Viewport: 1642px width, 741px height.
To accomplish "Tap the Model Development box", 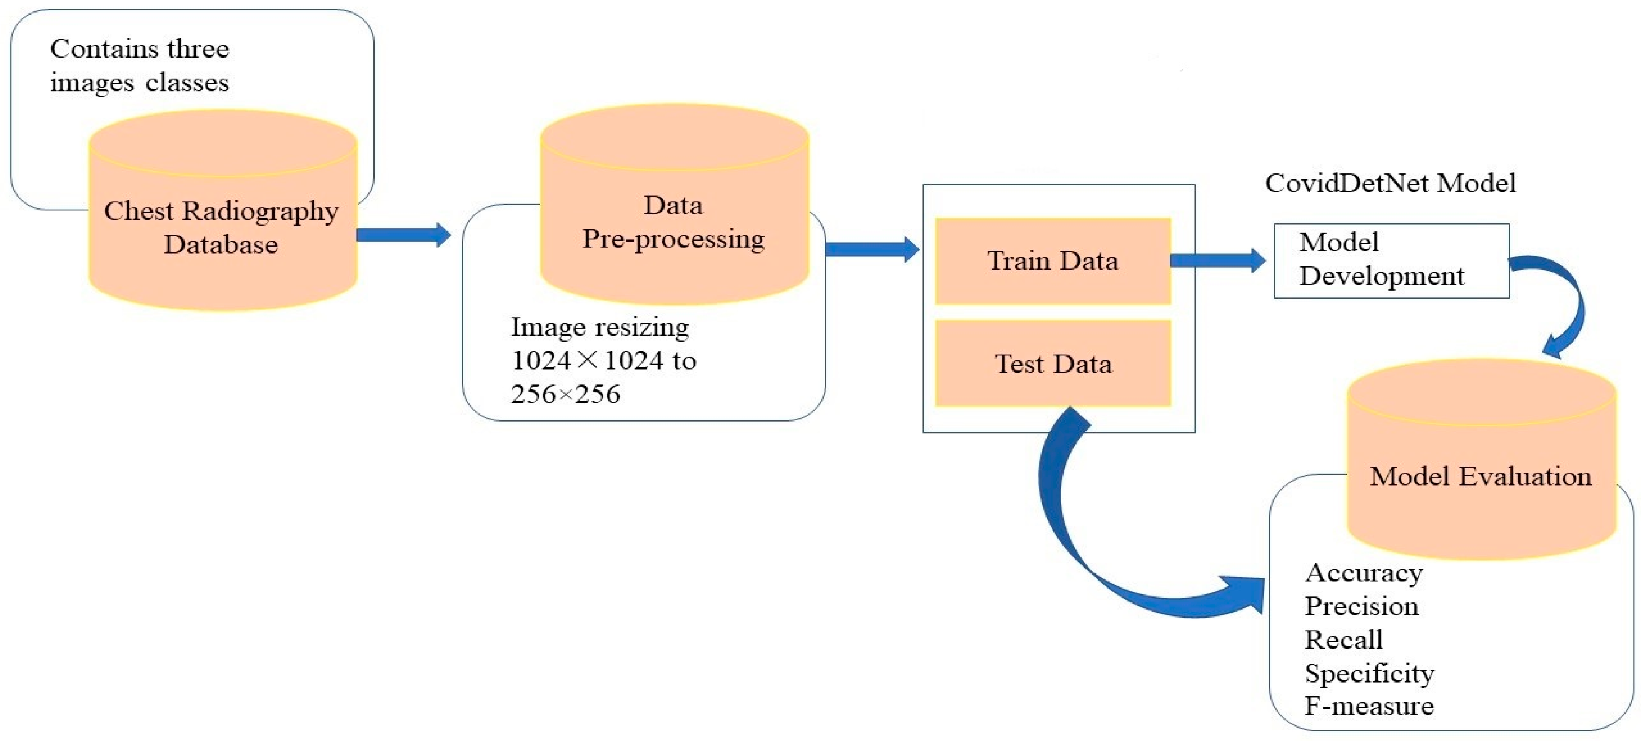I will [1391, 260].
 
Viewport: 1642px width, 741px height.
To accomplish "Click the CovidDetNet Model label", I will [1390, 184].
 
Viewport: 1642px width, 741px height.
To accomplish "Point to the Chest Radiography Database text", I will [221, 227].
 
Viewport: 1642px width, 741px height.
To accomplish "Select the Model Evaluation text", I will [1480, 476].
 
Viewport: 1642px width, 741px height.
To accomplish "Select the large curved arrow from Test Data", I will [1096, 541].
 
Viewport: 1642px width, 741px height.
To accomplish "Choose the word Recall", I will [1343, 640].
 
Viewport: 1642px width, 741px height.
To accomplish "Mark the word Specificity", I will [1369, 673].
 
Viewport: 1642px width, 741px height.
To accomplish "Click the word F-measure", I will [1369, 706].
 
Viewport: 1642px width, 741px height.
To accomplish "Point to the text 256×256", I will [565, 394].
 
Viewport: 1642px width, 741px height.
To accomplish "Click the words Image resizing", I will [599, 327].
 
